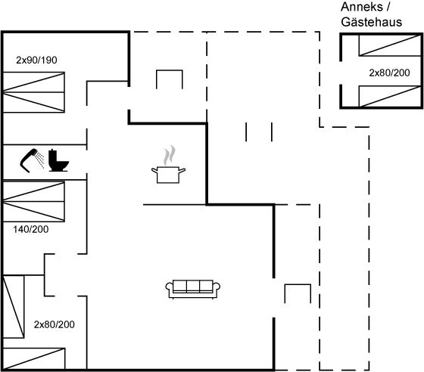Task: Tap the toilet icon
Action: click(58, 160)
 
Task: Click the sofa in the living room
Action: click(193, 290)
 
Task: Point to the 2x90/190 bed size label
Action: click(36, 60)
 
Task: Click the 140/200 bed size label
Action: click(31, 229)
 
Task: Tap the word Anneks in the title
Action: click(362, 7)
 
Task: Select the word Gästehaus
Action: click(372, 22)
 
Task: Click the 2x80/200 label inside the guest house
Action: click(389, 73)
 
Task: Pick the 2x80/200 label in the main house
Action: click(54, 324)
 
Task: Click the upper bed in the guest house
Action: click(390, 45)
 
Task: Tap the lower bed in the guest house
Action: click(390, 96)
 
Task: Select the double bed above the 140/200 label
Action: click(33, 201)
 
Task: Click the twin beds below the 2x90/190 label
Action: click(33, 92)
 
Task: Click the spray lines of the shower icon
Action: click(41, 160)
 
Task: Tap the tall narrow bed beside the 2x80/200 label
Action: click(14, 306)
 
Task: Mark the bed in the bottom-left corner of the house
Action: click(33, 359)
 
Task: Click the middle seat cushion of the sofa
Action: click(193, 286)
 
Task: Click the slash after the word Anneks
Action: click(388, 7)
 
